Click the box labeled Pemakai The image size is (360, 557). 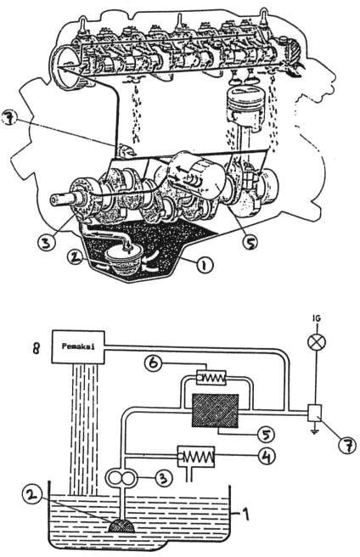78,346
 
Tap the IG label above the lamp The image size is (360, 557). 316,318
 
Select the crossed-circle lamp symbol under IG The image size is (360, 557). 316,343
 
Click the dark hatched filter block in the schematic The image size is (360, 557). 215,410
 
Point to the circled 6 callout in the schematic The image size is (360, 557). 155,363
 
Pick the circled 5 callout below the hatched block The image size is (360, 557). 264,434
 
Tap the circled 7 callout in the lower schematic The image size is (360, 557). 346,444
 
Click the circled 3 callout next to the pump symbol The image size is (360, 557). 163,478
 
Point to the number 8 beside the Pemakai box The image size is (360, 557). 37,348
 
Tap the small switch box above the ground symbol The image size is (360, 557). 314,413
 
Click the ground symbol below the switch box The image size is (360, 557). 314,430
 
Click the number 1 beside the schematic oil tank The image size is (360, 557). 245,514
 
